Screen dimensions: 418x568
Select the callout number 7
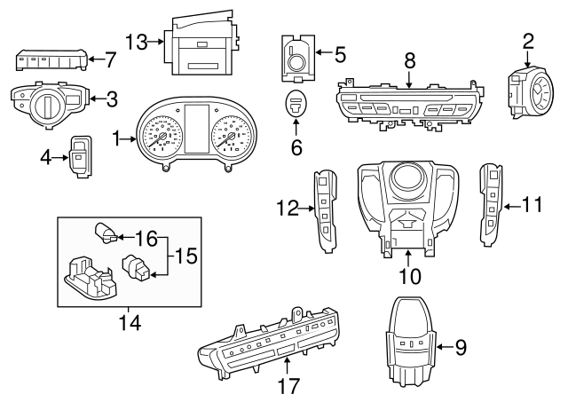click(x=111, y=60)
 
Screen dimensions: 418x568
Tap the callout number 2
click(x=528, y=40)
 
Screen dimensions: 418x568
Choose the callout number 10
click(x=409, y=276)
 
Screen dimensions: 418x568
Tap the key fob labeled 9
click(x=411, y=345)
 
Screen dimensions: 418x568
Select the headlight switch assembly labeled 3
click(x=46, y=102)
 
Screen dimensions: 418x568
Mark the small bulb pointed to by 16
click(x=105, y=235)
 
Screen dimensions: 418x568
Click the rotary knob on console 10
click(x=406, y=178)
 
